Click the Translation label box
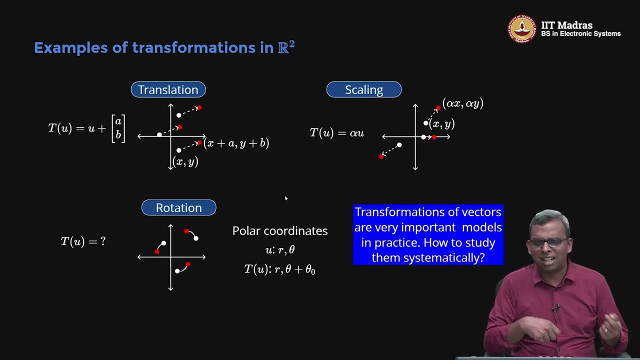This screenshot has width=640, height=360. click(x=168, y=89)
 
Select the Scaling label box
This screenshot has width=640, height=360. click(x=363, y=89)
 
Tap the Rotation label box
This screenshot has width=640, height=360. click(x=178, y=207)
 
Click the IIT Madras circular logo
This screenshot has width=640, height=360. click(x=522, y=29)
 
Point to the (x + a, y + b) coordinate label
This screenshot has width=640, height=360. click(x=236, y=143)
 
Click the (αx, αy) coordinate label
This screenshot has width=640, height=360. click(x=462, y=104)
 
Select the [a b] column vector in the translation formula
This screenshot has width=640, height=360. click(x=118, y=128)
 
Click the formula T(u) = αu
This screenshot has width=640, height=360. click(x=336, y=133)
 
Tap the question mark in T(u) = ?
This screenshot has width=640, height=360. click(x=103, y=241)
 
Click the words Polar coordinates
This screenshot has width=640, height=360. click(x=280, y=231)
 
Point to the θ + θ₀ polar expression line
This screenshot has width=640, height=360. click(x=279, y=269)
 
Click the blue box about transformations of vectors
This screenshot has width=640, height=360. click(x=428, y=234)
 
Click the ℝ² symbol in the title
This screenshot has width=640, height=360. click(x=286, y=47)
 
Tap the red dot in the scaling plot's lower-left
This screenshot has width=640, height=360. click(x=381, y=156)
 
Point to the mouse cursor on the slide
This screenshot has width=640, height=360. click(x=286, y=198)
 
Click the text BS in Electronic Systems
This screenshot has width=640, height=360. click(x=580, y=34)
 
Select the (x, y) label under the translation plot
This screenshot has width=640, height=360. click(x=185, y=161)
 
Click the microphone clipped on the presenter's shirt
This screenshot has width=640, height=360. click(x=555, y=307)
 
